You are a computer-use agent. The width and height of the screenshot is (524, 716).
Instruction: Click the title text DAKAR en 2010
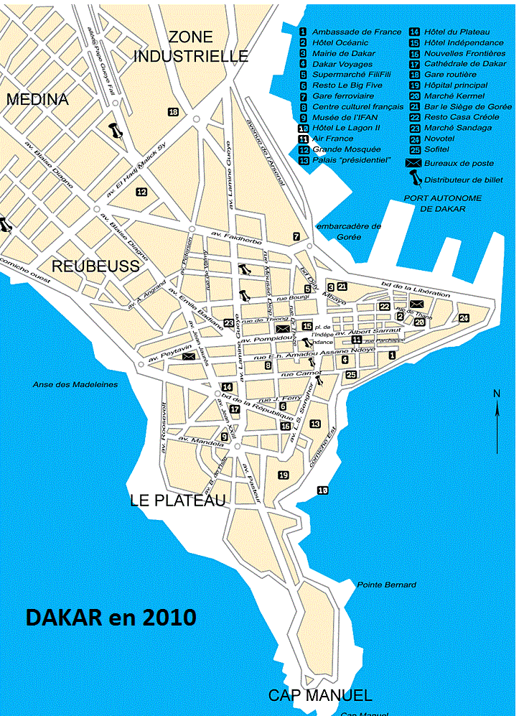[111, 617]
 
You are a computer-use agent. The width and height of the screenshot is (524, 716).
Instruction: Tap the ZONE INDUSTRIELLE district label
[192, 47]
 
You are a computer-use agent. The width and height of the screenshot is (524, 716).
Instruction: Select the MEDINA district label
[37, 100]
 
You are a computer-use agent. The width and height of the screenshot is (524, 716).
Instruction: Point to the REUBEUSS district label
[95, 266]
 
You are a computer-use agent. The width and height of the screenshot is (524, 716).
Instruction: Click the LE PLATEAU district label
[178, 501]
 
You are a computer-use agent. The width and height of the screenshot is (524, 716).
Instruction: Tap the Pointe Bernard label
[386, 585]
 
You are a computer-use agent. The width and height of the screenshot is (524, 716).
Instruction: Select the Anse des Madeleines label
[75, 385]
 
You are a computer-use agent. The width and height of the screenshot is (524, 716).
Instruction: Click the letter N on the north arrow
[496, 393]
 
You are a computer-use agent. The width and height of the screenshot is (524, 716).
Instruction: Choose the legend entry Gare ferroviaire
[342, 96]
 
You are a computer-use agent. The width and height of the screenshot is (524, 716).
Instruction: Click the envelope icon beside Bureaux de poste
[413, 164]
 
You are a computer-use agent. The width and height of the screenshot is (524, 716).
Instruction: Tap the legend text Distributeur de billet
[463, 180]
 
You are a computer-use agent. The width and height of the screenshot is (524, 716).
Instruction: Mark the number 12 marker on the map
[141, 192]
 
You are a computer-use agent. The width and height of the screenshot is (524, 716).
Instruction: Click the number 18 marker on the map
[173, 111]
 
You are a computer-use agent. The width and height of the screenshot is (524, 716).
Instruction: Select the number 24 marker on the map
[464, 317]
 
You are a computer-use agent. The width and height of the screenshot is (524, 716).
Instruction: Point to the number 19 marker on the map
[283, 475]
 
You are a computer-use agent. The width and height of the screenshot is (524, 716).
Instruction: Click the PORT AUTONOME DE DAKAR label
[443, 203]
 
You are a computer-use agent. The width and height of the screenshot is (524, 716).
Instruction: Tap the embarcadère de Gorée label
[349, 231]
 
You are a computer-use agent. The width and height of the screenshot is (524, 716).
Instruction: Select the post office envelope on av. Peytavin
[188, 355]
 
